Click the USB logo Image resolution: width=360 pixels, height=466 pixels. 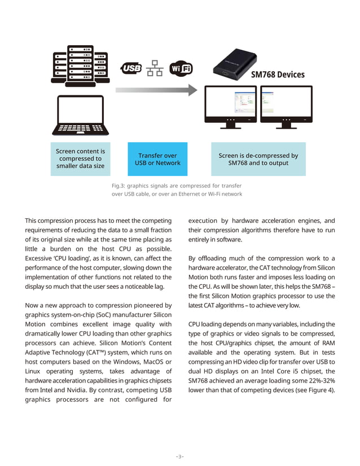pos(131,69)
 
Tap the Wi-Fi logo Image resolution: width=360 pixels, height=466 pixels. pos(181,69)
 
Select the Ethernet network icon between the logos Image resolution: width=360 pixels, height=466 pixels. pos(155,69)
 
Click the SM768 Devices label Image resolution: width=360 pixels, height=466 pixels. pos(278,74)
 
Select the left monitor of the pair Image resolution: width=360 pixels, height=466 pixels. pos(230,107)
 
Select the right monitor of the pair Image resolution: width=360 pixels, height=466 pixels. pos(286,107)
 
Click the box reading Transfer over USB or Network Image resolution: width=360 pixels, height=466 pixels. pos(157,159)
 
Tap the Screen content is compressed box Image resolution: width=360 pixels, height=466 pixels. pos(80,159)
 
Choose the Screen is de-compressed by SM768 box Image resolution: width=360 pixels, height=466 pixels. pos(258,159)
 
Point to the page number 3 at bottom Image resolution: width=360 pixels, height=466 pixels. pos(179,456)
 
